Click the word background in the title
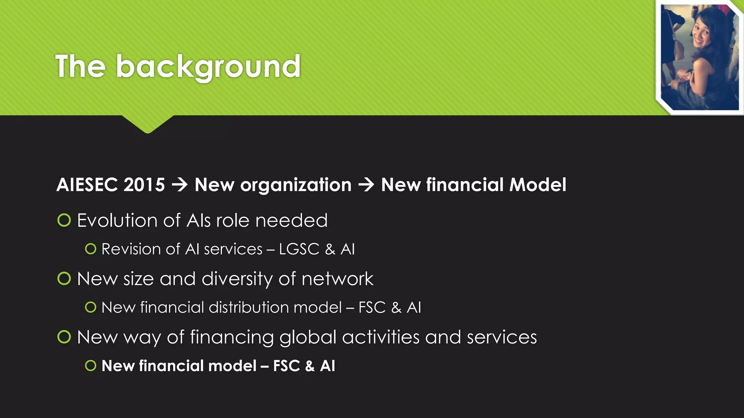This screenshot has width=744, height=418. coord(208,66)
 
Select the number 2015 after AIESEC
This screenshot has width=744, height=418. coord(144,185)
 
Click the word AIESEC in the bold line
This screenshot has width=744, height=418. coord(87,185)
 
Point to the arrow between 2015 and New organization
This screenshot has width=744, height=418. coord(180,185)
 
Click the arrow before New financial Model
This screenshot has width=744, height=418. coord(366,185)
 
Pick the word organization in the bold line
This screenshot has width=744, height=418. coord(296,185)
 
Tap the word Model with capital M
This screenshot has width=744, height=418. coord(538,185)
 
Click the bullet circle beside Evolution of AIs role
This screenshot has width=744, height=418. coord(64,220)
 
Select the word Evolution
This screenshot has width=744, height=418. coord(118,220)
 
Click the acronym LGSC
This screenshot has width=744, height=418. coord(299,249)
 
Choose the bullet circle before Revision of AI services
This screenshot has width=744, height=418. coord(90,249)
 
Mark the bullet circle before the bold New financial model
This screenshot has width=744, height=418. coord(90,365)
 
